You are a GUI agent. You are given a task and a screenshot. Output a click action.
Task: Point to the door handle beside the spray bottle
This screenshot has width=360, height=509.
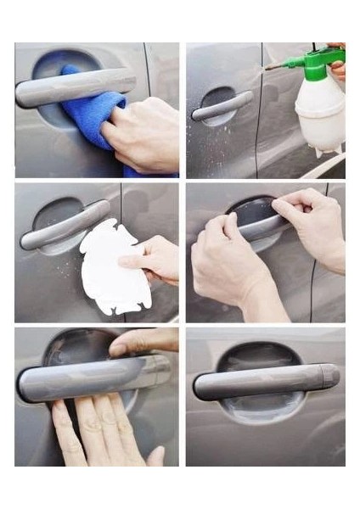click(222, 107)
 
